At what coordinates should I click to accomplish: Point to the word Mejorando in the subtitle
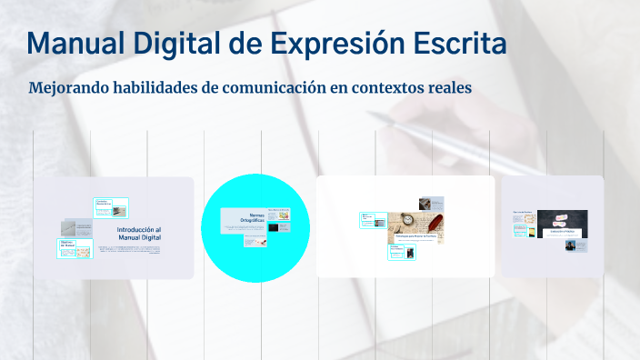click(x=71, y=89)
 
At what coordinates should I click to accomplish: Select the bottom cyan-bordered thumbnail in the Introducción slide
click(x=75, y=249)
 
